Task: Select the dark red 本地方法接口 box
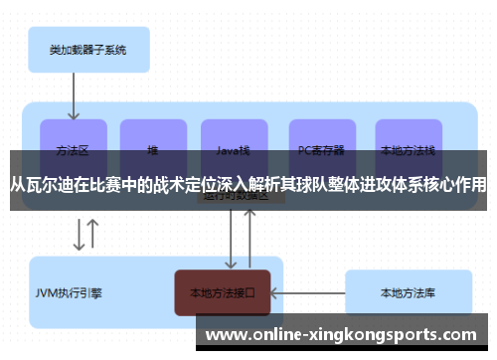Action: click(x=223, y=293)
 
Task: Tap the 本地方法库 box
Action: click(x=408, y=293)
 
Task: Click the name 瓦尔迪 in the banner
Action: click(x=50, y=184)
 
